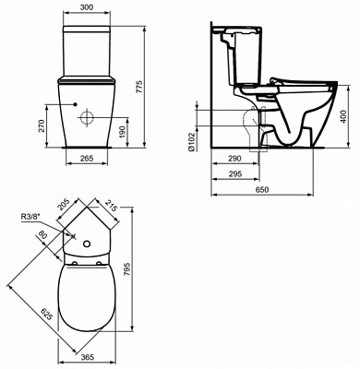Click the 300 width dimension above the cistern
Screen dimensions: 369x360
click(84, 6)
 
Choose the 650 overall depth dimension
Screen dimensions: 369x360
click(268, 189)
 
